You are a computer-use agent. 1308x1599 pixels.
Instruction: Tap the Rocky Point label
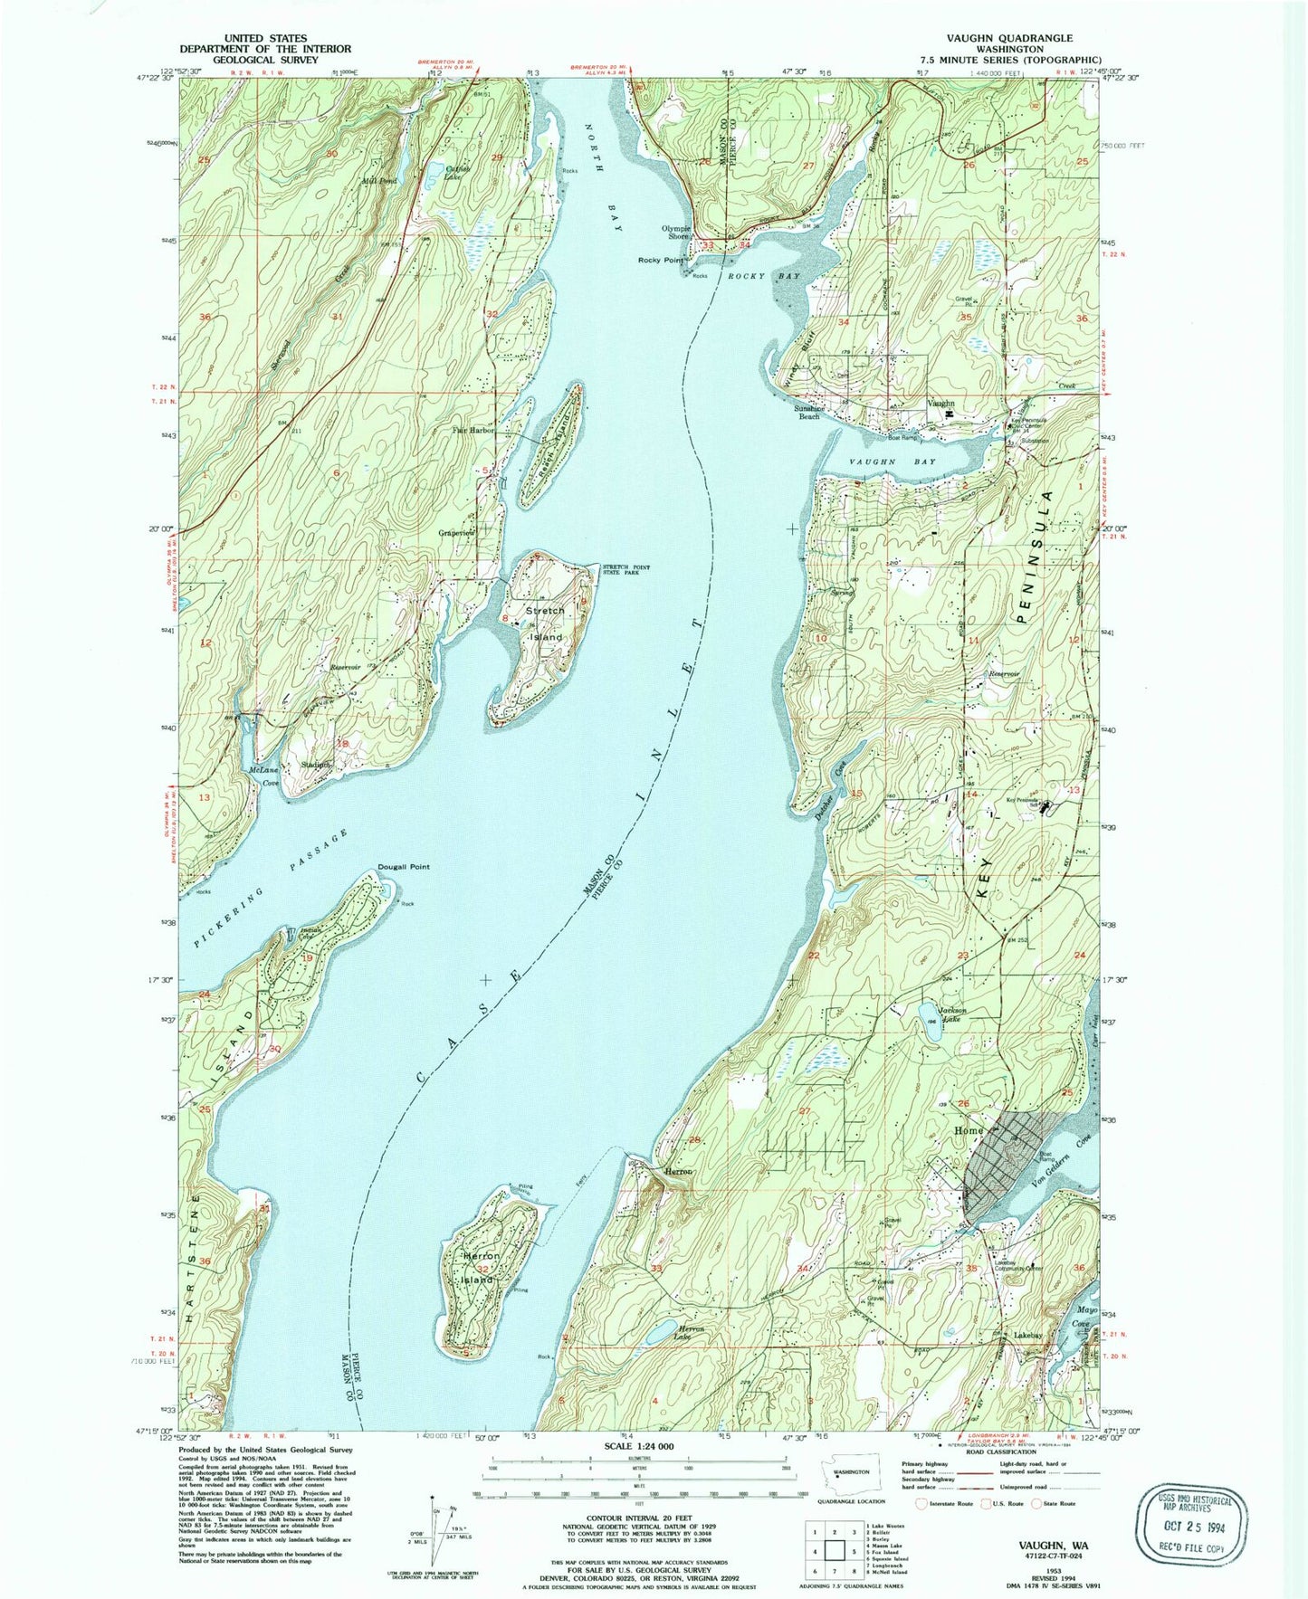pyautogui.click(x=661, y=260)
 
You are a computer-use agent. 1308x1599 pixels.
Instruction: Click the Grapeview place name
pyautogui.click(x=455, y=533)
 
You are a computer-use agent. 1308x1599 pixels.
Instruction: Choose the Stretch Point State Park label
pyautogui.click(x=624, y=570)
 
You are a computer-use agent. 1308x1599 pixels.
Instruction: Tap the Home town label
pyautogui.click(x=968, y=1131)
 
